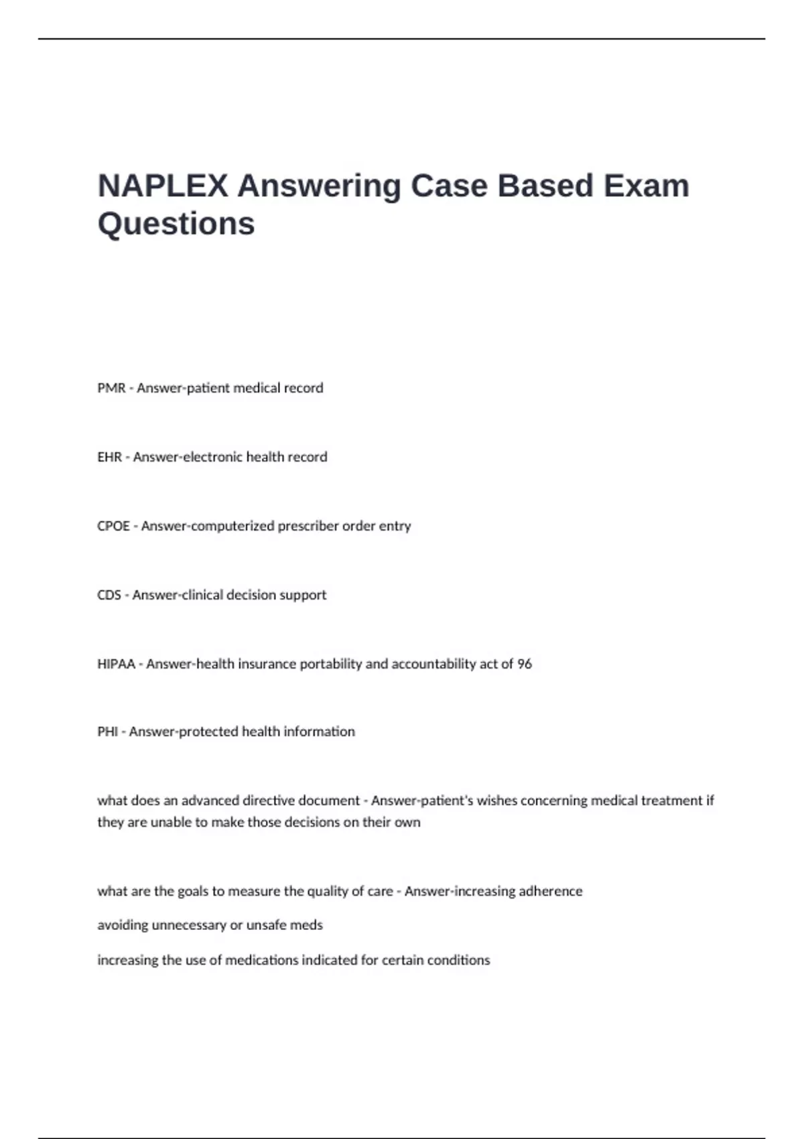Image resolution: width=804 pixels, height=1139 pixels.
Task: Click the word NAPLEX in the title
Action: click(163, 186)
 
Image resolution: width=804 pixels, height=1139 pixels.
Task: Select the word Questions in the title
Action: click(176, 224)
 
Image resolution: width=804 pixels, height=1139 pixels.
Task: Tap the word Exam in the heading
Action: click(646, 186)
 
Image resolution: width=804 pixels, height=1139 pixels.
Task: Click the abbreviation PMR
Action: click(111, 388)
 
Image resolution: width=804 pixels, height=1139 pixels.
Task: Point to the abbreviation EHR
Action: click(110, 457)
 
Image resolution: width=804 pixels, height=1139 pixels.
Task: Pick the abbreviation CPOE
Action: click(113, 526)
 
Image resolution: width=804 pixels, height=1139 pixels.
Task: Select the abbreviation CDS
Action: click(109, 595)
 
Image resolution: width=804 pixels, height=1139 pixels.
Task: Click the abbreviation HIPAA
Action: click(116, 664)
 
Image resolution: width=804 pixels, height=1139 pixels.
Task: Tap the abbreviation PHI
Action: click(107, 732)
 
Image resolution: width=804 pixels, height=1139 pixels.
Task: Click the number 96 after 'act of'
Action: click(525, 664)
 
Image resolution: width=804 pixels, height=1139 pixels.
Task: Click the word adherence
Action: click(550, 891)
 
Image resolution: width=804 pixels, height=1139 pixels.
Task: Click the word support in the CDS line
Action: click(304, 595)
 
